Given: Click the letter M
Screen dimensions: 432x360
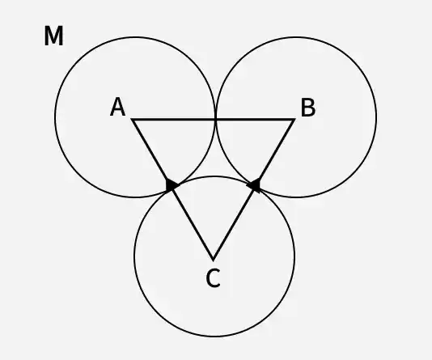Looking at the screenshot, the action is pyautogui.click(x=53, y=36).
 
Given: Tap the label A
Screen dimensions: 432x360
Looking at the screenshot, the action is pyautogui.click(x=117, y=107).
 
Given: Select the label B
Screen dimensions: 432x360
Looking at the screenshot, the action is pyautogui.click(x=308, y=108).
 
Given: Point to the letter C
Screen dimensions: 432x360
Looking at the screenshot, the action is pyautogui.click(x=213, y=278).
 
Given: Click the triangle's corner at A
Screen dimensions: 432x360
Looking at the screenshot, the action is pyautogui.click(x=132, y=120).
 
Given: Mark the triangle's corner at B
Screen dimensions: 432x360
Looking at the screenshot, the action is pyautogui.click(x=294, y=120).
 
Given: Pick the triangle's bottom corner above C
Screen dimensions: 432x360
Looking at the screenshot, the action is pyautogui.click(x=214, y=260).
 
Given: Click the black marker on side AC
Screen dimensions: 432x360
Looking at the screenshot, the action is pyautogui.click(x=172, y=184).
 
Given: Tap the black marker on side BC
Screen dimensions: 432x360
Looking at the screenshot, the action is pyautogui.click(x=254, y=185).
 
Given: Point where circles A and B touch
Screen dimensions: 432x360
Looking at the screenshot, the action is pyautogui.click(x=215, y=119).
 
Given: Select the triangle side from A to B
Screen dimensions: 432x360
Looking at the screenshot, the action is pyautogui.click(x=214, y=120).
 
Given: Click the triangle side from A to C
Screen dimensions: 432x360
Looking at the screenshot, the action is pyautogui.click(x=173, y=189).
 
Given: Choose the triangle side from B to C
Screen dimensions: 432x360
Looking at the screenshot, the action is pyautogui.click(x=254, y=189).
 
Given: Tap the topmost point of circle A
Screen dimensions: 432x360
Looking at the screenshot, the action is pyautogui.click(x=135, y=37).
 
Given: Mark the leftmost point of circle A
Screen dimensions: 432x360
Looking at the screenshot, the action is pyautogui.click(x=55, y=117).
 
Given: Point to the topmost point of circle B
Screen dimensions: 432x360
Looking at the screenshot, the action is pyautogui.click(x=296, y=37).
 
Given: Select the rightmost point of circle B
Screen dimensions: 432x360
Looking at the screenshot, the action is pyautogui.click(x=376, y=117).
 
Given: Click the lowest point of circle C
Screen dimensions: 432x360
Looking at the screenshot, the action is pyautogui.click(x=214, y=337).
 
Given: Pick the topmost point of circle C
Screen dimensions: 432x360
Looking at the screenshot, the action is pyautogui.click(x=214, y=176).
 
